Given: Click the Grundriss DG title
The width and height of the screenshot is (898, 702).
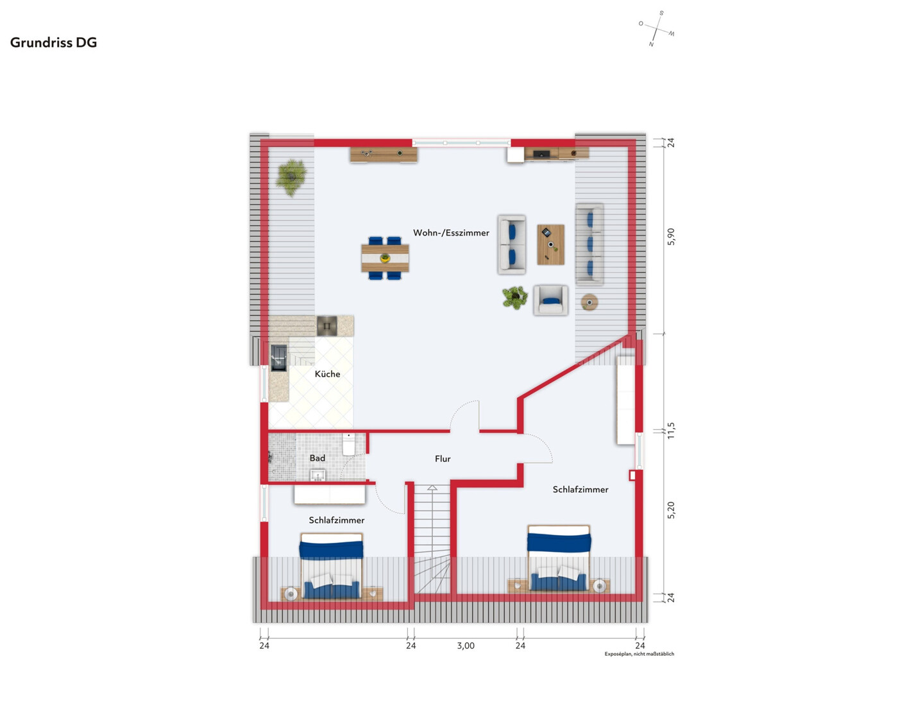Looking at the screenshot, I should (54, 42).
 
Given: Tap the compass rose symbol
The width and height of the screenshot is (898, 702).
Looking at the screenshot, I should (656, 29).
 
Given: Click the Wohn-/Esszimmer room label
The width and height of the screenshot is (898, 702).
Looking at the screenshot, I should (451, 233).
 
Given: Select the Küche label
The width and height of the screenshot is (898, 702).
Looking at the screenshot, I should (327, 374).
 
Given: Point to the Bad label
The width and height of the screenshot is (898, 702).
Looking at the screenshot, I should (317, 458).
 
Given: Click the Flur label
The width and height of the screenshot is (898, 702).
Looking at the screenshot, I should (443, 459).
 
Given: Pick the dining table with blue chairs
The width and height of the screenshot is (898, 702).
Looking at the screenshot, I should (385, 259).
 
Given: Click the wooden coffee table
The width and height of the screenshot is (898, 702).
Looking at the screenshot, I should (550, 244).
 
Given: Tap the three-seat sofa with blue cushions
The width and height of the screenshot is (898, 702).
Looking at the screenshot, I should (589, 244).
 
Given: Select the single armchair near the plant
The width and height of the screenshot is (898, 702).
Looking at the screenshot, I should (550, 300).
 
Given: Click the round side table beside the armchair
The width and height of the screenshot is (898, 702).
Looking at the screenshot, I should (589, 302).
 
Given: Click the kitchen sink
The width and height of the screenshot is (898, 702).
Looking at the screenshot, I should (278, 358).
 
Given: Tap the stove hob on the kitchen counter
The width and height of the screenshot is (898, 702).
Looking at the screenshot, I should (326, 326).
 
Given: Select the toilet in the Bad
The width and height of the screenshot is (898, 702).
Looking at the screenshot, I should (348, 444).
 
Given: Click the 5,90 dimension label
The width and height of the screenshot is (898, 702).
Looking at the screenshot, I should (671, 237).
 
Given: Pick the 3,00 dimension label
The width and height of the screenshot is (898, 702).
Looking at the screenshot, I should (466, 646).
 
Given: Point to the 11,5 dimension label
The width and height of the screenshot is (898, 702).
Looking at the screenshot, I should (671, 430).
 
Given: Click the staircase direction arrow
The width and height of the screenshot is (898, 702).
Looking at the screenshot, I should (432, 488).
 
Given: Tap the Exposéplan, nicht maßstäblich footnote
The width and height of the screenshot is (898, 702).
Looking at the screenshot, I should (639, 654).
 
